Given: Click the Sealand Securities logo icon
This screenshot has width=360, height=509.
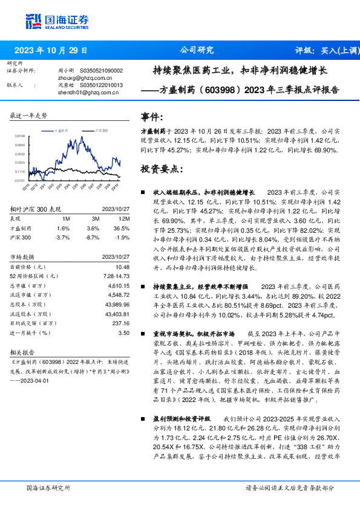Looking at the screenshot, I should [33, 22].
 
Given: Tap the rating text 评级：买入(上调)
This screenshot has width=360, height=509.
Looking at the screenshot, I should [323, 50].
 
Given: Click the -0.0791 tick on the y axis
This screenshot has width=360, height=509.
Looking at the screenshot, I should [19, 180].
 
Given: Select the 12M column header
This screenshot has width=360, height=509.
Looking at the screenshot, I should [124, 218].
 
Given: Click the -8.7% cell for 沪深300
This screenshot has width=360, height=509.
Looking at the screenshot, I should [93, 237].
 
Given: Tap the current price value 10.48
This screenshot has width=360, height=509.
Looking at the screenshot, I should [123, 267].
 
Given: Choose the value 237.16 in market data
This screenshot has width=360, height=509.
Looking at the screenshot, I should [120, 323].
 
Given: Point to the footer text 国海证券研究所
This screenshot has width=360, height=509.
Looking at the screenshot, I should [48, 487].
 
